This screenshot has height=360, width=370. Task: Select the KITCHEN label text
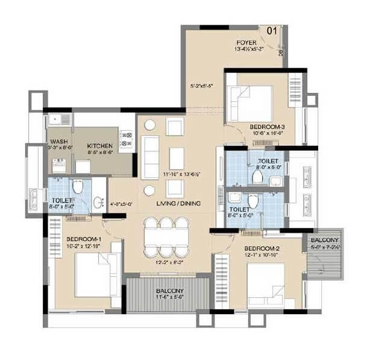pos(98,147)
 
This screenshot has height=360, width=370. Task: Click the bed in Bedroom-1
pos(95,274)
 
